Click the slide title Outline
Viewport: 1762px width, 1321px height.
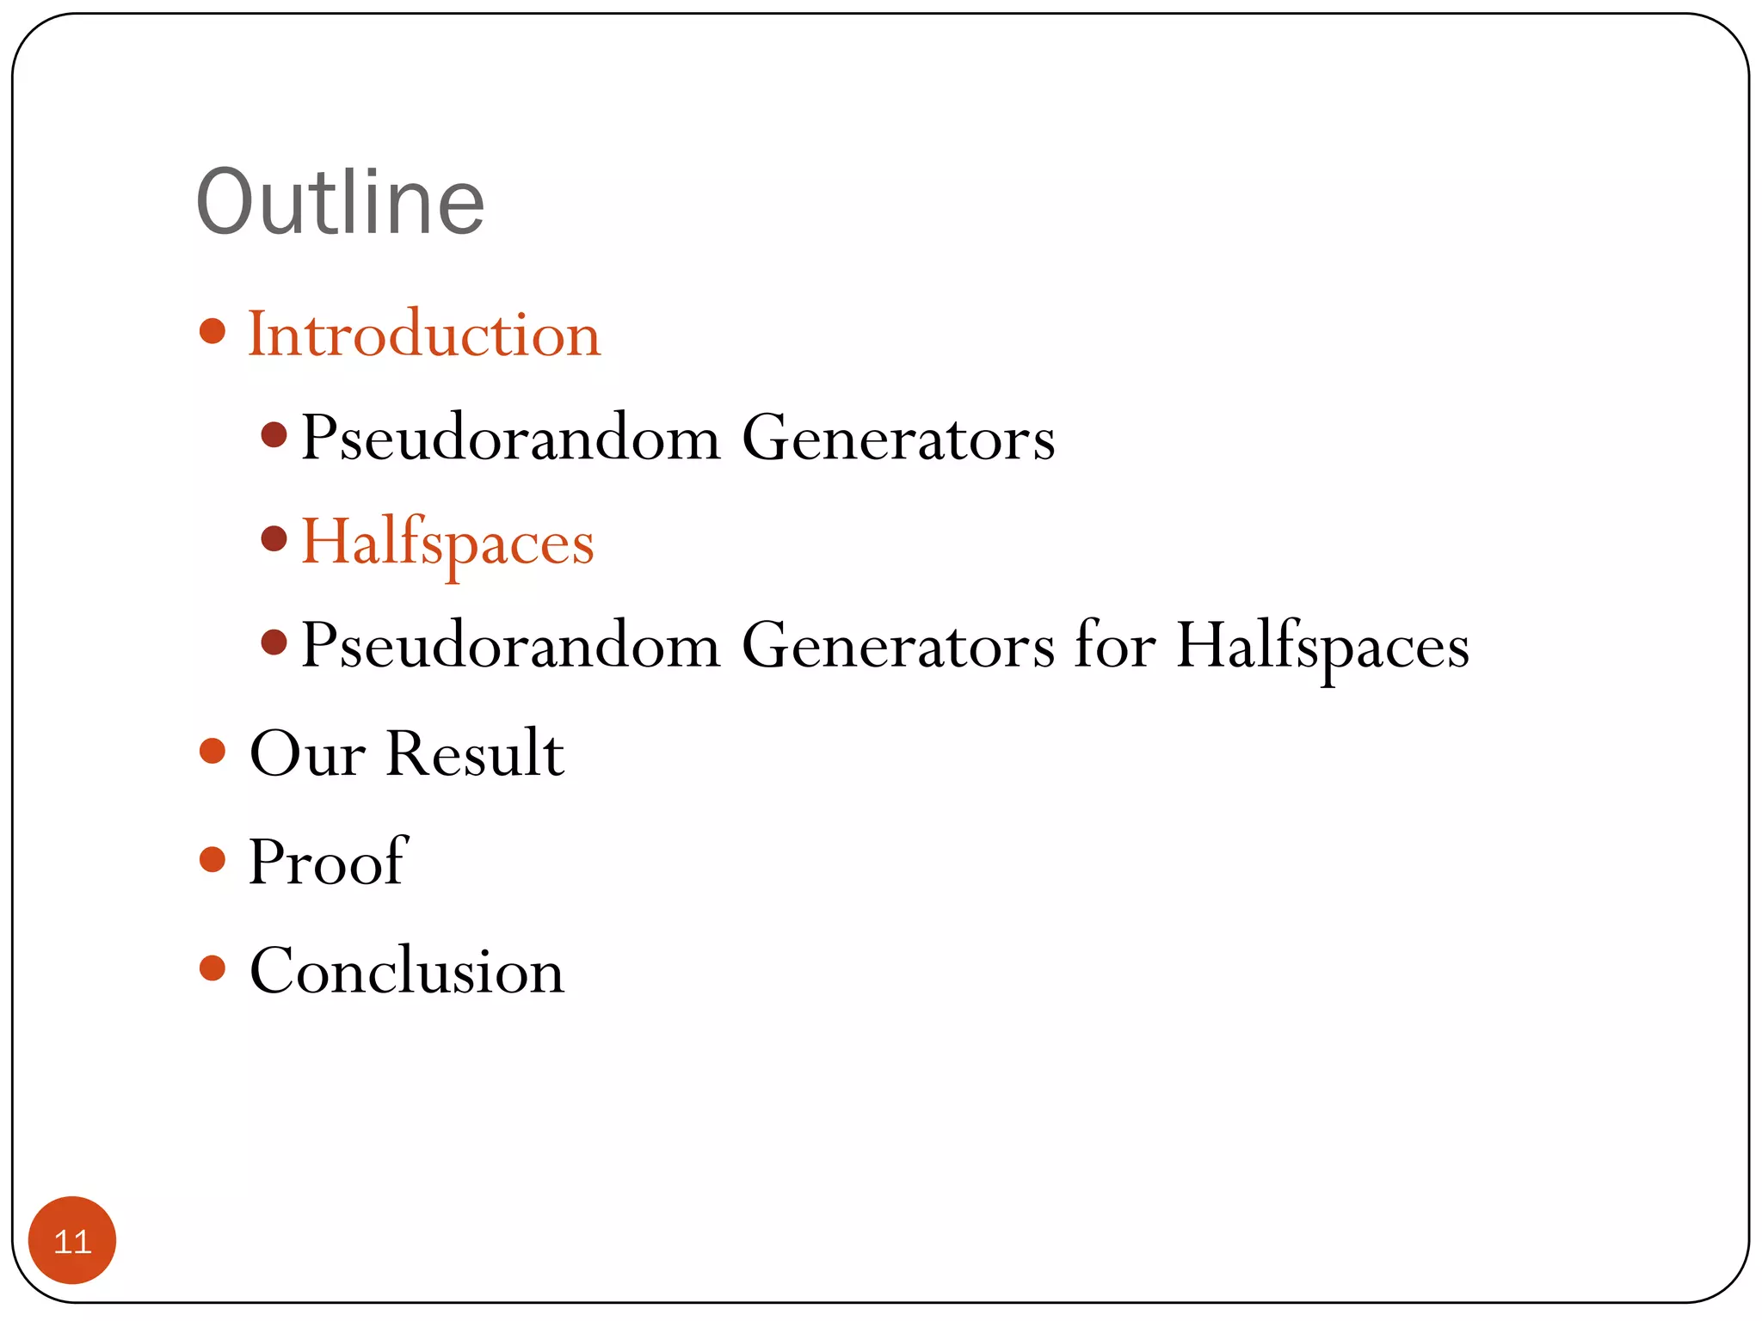341,202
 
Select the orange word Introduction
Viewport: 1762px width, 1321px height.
424,334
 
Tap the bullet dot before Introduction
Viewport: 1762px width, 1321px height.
212,331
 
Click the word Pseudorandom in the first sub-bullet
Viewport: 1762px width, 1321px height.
510,439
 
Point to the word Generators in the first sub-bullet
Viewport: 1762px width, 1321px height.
898,439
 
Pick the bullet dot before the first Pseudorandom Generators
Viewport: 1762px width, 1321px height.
274,435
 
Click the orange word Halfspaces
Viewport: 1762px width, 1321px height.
447,544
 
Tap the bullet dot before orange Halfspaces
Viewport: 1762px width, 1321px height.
274,539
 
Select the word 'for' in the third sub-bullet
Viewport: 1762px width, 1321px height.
1116,645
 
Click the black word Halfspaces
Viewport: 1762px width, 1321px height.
1322,647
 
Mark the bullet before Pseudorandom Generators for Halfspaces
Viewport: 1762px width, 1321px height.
274,642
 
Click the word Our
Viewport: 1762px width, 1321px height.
307,753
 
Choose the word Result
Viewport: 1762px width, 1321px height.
475,753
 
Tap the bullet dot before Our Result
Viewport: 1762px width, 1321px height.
212,751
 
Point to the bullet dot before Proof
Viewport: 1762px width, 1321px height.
212,859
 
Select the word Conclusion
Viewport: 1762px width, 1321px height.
406,970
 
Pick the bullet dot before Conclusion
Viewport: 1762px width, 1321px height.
212,968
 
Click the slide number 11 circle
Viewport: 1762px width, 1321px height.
72,1240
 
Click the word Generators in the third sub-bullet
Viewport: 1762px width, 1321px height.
898,645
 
